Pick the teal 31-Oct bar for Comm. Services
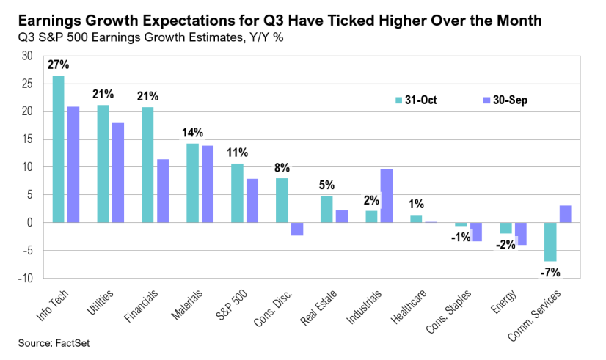pyautogui.click(x=550, y=242)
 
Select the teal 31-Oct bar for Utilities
pyautogui.click(x=103, y=164)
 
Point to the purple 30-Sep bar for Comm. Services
pyautogui.click(x=566, y=214)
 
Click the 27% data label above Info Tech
pyautogui.click(x=59, y=65)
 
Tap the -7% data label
pyautogui.click(x=550, y=272)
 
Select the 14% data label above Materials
pyautogui.click(x=193, y=133)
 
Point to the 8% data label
pyautogui.click(x=282, y=167)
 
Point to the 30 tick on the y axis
pyautogui.click(x=27, y=56)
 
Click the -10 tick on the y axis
pyautogui.click(x=25, y=279)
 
